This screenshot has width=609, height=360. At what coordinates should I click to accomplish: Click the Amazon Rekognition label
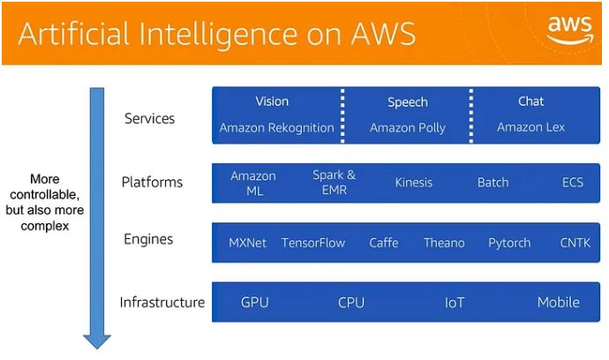pyautogui.click(x=277, y=128)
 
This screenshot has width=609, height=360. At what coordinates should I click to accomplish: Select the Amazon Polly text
pyautogui.click(x=407, y=128)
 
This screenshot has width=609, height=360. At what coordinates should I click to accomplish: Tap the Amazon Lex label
pyautogui.click(x=530, y=128)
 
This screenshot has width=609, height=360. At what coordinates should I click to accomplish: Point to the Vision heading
pyautogui.click(x=272, y=101)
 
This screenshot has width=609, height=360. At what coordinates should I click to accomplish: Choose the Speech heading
pyautogui.click(x=407, y=102)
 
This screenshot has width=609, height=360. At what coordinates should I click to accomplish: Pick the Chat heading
pyautogui.click(x=530, y=101)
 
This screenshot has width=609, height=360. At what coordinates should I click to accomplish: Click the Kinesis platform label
pyautogui.click(x=414, y=183)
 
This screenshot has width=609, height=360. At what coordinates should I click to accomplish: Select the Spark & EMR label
pyautogui.click(x=335, y=183)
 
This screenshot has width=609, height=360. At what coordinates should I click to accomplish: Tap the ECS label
pyautogui.click(x=573, y=183)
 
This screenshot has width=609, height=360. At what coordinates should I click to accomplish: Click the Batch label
pyautogui.click(x=492, y=183)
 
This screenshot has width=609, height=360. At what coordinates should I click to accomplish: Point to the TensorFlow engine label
pyautogui.click(x=313, y=243)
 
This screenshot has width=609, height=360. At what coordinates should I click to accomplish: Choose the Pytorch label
pyautogui.click(x=509, y=243)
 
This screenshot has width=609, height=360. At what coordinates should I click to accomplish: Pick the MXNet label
pyautogui.click(x=247, y=243)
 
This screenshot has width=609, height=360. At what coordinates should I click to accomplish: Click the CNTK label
pyautogui.click(x=575, y=243)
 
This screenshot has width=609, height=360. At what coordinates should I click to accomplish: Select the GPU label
pyautogui.click(x=254, y=303)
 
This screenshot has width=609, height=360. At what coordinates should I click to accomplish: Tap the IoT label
pyautogui.click(x=454, y=303)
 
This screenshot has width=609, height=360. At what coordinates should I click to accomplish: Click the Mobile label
pyautogui.click(x=559, y=303)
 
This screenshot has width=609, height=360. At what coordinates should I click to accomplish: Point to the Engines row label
pyautogui.click(x=149, y=239)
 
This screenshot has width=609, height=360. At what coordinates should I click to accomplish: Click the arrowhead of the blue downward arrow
pyautogui.click(x=96, y=341)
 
